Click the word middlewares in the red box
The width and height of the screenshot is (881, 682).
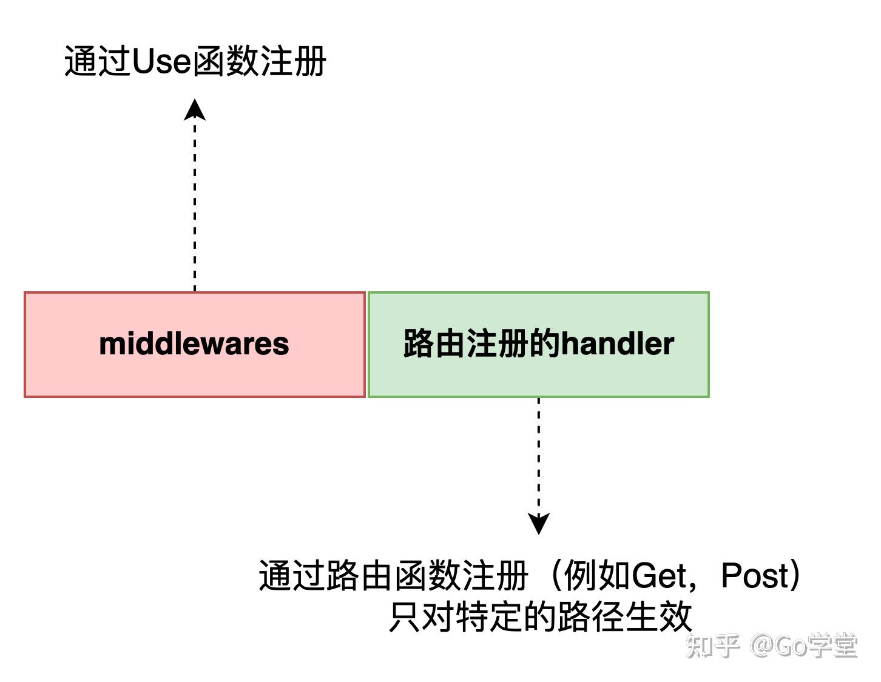[x=194, y=343]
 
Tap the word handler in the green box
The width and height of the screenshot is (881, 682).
[x=617, y=343]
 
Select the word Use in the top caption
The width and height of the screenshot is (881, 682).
[x=161, y=61]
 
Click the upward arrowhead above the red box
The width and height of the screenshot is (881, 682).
[x=195, y=110]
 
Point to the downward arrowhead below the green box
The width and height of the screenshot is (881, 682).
[x=539, y=523]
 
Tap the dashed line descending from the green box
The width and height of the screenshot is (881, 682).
[x=539, y=455]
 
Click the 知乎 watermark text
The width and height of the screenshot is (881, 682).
[x=713, y=646]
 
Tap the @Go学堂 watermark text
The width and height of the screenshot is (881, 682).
[x=804, y=646]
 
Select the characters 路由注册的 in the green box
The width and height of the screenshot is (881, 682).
[x=482, y=343]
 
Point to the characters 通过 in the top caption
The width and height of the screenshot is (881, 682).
[x=97, y=61]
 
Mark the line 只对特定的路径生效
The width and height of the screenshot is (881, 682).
[x=540, y=617]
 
